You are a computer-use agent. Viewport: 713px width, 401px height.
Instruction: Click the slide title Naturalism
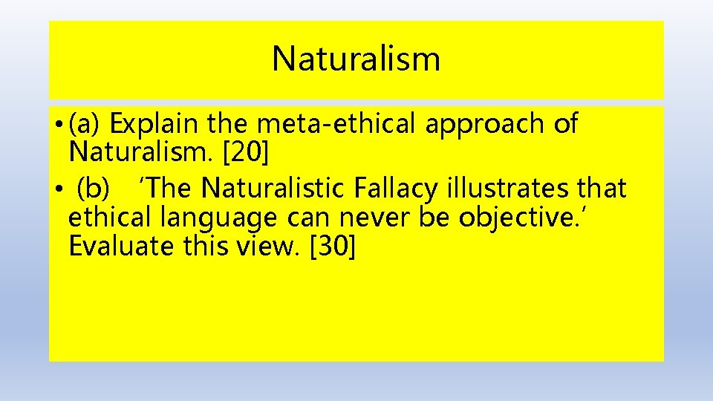click(x=356, y=59)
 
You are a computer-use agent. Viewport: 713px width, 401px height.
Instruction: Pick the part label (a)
click(x=86, y=124)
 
